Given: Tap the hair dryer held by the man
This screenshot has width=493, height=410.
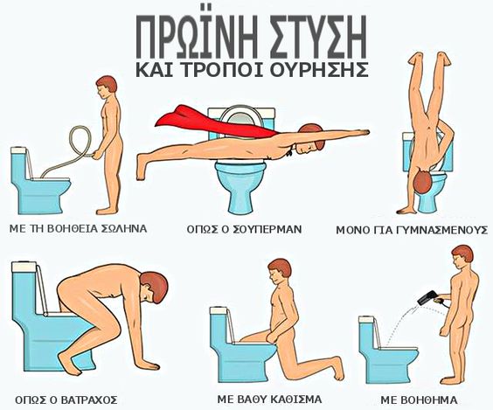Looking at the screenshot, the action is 428,298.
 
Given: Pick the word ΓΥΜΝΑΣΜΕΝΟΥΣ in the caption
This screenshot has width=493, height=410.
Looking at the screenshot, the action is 436,230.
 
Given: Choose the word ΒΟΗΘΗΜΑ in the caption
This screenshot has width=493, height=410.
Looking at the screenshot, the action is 419,400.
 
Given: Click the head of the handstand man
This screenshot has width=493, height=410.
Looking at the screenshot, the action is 422,182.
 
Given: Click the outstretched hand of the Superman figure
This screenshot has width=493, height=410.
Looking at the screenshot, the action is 362,132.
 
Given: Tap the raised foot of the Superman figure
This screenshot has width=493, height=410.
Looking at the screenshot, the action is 141,167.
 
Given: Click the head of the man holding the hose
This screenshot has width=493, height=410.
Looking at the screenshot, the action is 106,87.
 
